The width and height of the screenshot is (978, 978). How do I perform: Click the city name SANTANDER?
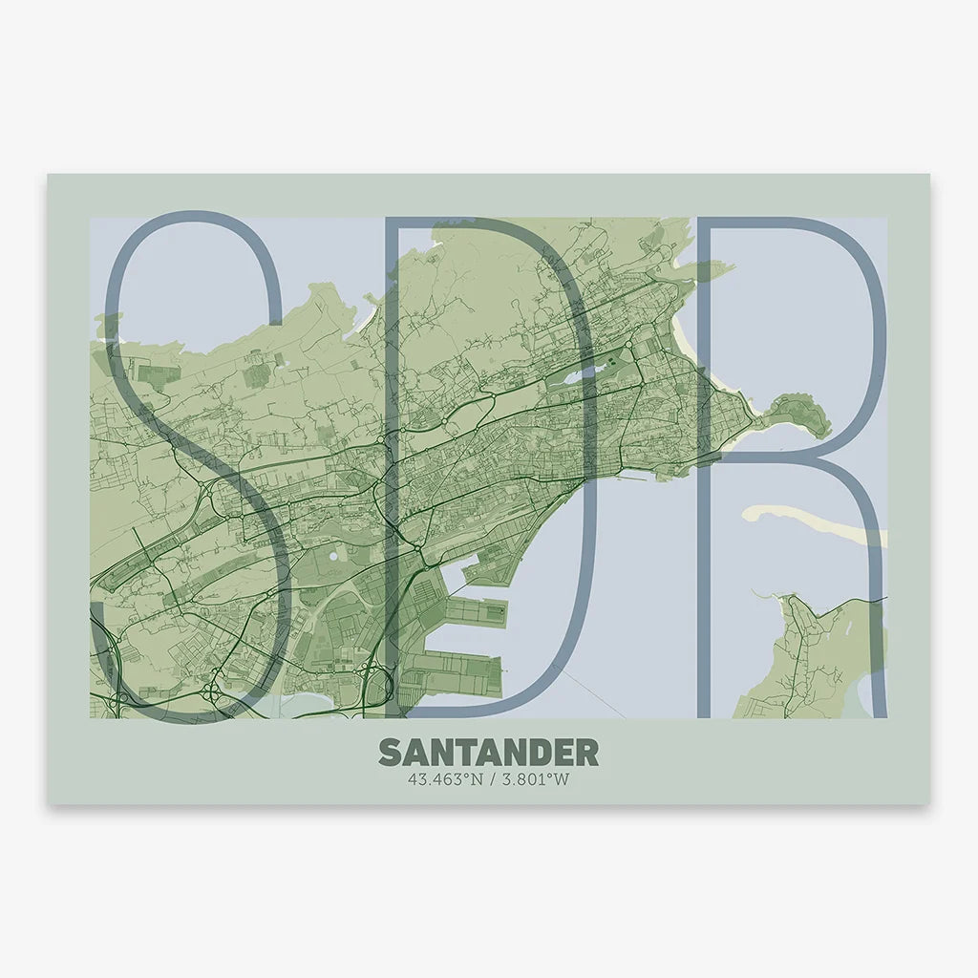tap(488, 752)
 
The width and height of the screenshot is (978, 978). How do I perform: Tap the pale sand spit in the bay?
tap(812, 521)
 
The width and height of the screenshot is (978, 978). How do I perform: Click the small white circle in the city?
tap(333, 555)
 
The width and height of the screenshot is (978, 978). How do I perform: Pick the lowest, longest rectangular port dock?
tap(463, 672)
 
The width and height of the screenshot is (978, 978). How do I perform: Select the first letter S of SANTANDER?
tap(390, 752)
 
